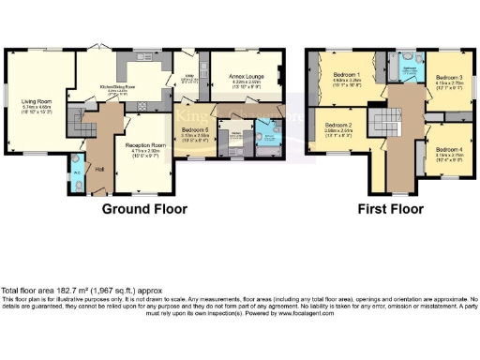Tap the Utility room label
[x=188, y=76]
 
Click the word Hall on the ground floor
[x=100, y=169]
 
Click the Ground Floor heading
[x=144, y=208]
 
